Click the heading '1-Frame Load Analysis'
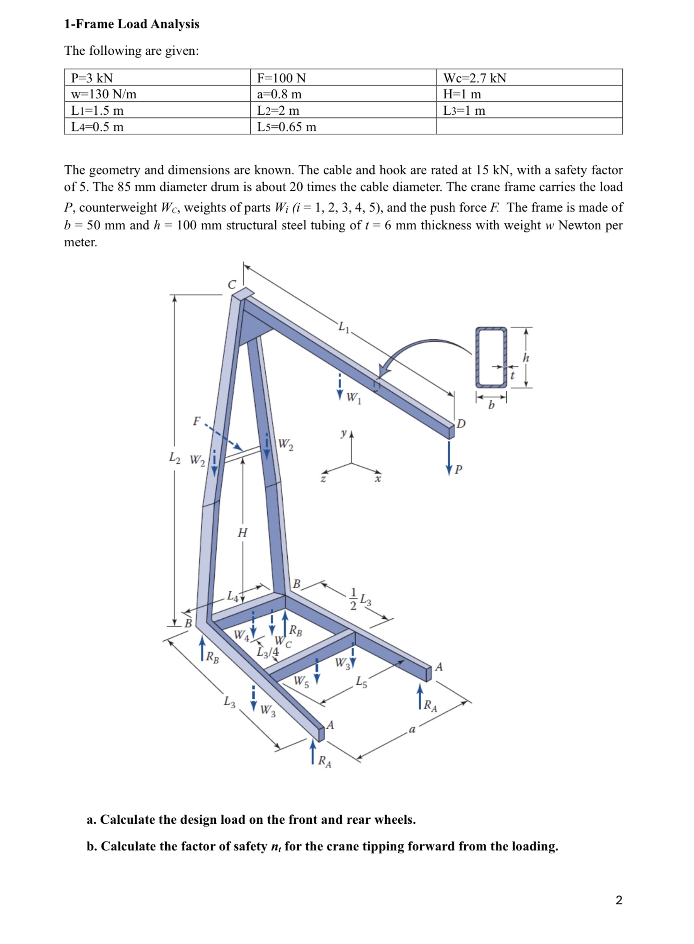point(131,24)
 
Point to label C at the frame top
point(232,285)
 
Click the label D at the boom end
point(461,424)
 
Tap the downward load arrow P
point(449,456)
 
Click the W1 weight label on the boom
point(353,398)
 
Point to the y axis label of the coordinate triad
point(344,433)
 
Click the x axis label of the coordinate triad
point(378,479)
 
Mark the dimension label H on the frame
point(242,533)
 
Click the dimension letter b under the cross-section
point(491,405)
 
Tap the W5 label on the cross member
point(301,681)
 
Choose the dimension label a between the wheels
point(412,730)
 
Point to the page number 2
point(619,900)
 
